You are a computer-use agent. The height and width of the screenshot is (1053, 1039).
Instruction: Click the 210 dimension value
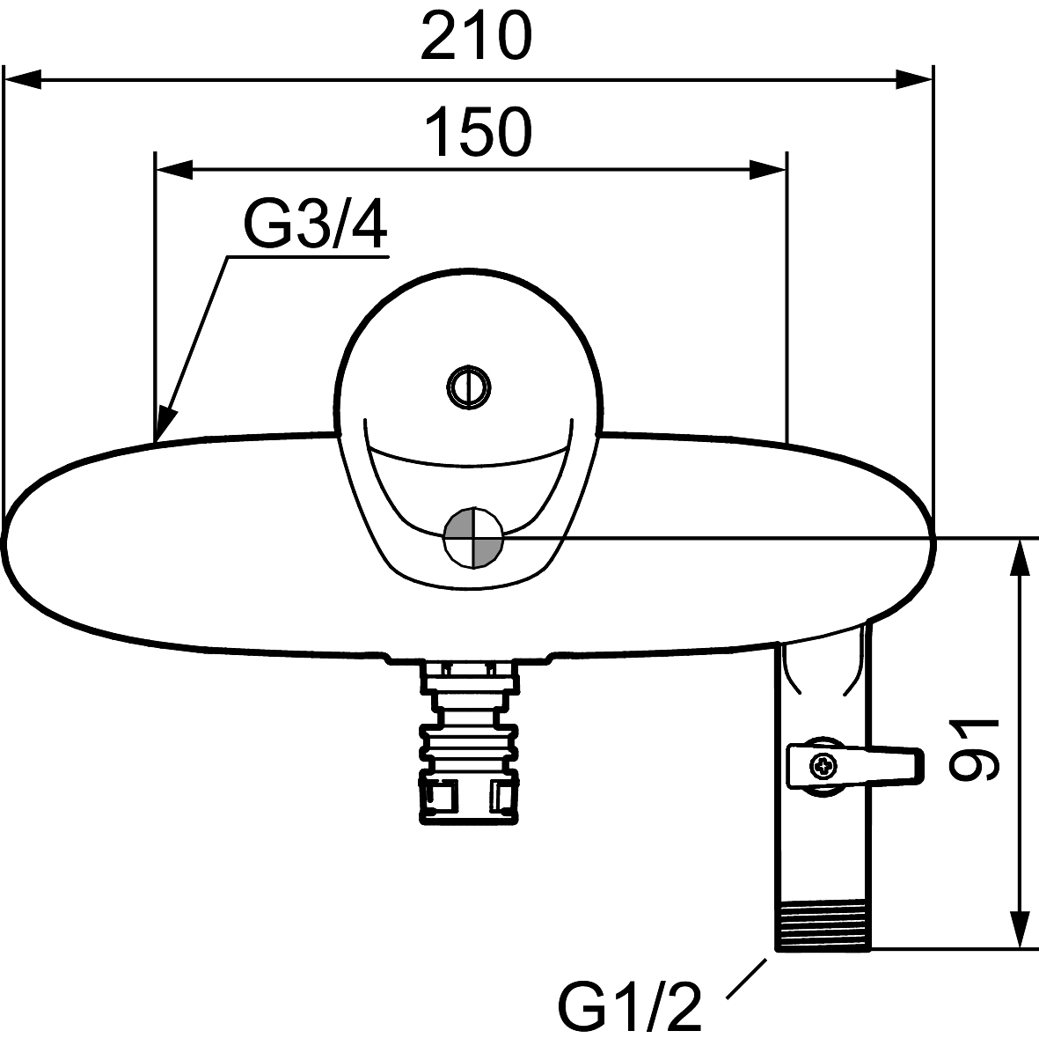tap(476, 36)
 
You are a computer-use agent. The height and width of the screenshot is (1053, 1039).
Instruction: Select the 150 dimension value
tap(479, 132)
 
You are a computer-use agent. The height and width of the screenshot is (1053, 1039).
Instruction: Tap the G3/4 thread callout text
tap(316, 225)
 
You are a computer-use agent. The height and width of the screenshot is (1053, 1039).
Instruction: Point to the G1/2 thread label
tap(630, 1006)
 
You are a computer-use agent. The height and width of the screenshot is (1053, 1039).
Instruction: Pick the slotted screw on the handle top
tap(469, 387)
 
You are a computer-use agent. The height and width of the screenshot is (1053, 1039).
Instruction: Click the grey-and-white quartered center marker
tap(473, 539)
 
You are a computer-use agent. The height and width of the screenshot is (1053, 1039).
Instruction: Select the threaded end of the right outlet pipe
tap(823, 927)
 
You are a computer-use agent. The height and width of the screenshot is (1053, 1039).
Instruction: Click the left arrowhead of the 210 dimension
tap(23, 79)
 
